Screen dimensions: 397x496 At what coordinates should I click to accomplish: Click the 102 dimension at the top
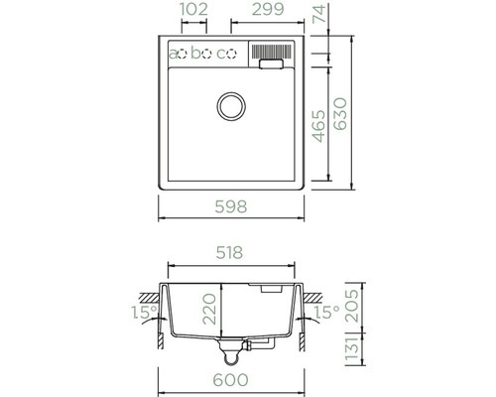pyautogui.click(x=193, y=11)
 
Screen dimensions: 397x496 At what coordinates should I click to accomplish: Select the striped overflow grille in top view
pyautogui.click(x=270, y=51)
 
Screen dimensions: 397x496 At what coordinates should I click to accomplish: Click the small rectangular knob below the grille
pyautogui.click(x=270, y=65)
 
